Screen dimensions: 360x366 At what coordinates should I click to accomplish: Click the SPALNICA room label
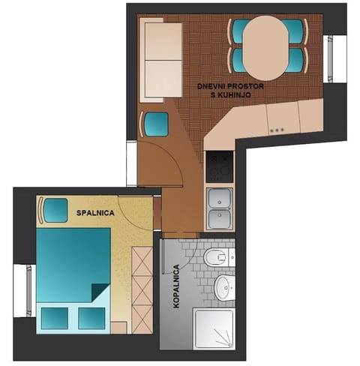click(95, 213)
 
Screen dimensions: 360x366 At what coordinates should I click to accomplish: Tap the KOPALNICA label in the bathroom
click(176, 286)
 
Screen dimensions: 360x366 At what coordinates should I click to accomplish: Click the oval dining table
click(265, 48)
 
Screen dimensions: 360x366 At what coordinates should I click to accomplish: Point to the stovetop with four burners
click(220, 166)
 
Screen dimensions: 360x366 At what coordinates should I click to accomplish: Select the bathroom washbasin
click(225, 288)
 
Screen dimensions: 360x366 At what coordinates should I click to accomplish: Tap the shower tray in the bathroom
click(214, 329)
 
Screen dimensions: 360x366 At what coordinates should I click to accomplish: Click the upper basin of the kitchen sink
click(220, 198)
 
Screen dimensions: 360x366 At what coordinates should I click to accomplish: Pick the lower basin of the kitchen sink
click(220, 219)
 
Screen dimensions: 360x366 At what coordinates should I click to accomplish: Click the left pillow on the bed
click(55, 318)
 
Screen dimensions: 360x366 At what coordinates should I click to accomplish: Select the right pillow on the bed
click(91, 318)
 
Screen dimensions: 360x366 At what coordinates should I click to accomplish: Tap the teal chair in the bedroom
click(54, 210)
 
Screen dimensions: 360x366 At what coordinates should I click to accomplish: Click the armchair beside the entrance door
click(155, 124)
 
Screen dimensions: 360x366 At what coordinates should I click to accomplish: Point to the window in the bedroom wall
click(29, 290)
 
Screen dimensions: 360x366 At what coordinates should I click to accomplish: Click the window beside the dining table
click(330, 59)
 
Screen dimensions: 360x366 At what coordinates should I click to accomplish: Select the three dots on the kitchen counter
click(277, 130)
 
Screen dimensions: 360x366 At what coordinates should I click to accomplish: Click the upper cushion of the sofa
click(163, 42)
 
